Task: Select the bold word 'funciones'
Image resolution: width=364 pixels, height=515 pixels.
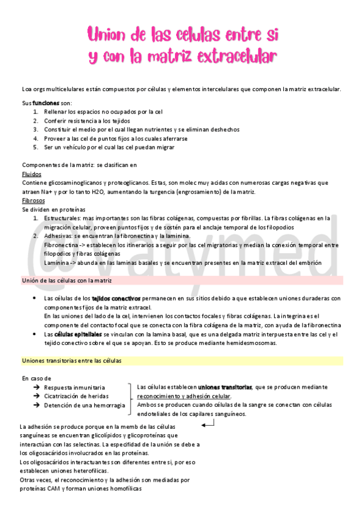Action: (x=46, y=103)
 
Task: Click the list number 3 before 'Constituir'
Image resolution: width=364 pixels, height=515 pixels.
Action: (x=36, y=129)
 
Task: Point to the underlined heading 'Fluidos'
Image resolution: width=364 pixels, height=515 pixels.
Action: (x=30, y=174)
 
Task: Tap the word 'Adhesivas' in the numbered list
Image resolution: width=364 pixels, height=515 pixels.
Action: (x=58, y=236)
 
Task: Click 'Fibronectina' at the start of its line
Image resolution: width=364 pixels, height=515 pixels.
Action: (x=62, y=245)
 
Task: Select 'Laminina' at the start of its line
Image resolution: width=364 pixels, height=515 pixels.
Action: (x=57, y=262)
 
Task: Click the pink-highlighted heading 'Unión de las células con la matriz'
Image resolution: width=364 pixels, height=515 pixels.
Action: (x=66, y=281)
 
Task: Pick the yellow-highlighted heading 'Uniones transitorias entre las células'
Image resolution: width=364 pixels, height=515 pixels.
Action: (x=72, y=361)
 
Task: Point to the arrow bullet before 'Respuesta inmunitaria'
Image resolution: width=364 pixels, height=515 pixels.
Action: (x=37, y=387)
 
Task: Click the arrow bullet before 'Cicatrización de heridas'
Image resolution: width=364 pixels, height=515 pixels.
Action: (x=37, y=396)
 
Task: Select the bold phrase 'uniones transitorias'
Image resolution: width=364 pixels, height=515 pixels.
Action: (x=225, y=387)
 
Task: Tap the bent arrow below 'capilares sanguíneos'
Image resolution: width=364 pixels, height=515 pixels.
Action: (x=207, y=424)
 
